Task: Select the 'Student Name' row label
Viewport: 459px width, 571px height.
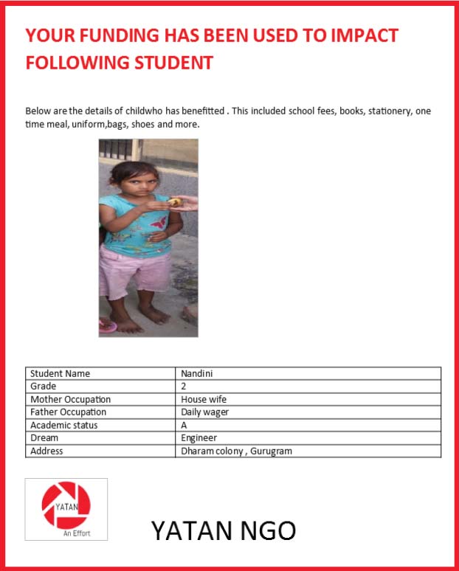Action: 61,373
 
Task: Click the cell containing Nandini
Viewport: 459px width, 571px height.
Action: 197,373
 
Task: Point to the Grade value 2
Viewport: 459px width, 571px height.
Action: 184,387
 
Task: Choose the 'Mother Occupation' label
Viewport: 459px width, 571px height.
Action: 70,399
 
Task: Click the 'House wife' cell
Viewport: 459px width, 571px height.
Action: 203,399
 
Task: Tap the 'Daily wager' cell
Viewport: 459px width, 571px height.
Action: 205,412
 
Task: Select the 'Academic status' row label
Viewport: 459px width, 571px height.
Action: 64,425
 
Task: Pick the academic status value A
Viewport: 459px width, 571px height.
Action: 184,425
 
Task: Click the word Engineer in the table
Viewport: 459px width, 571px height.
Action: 199,438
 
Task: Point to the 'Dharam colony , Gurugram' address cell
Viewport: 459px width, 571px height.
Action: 236,451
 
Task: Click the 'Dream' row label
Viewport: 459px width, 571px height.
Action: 44,438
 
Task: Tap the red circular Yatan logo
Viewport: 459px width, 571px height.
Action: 66,505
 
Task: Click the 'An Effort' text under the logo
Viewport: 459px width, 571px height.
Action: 77,533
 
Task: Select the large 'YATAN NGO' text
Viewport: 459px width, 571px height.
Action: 223,530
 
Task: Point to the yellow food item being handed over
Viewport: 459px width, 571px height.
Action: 174,201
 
